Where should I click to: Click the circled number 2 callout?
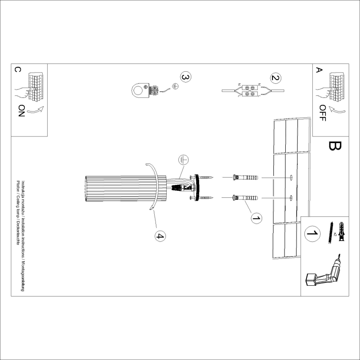(x=275, y=78)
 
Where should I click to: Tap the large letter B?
(x=334, y=146)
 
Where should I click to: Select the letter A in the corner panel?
(x=319, y=70)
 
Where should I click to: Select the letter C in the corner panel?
(x=17, y=70)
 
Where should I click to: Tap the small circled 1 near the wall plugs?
(x=256, y=217)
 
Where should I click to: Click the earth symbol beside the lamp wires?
(x=184, y=160)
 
